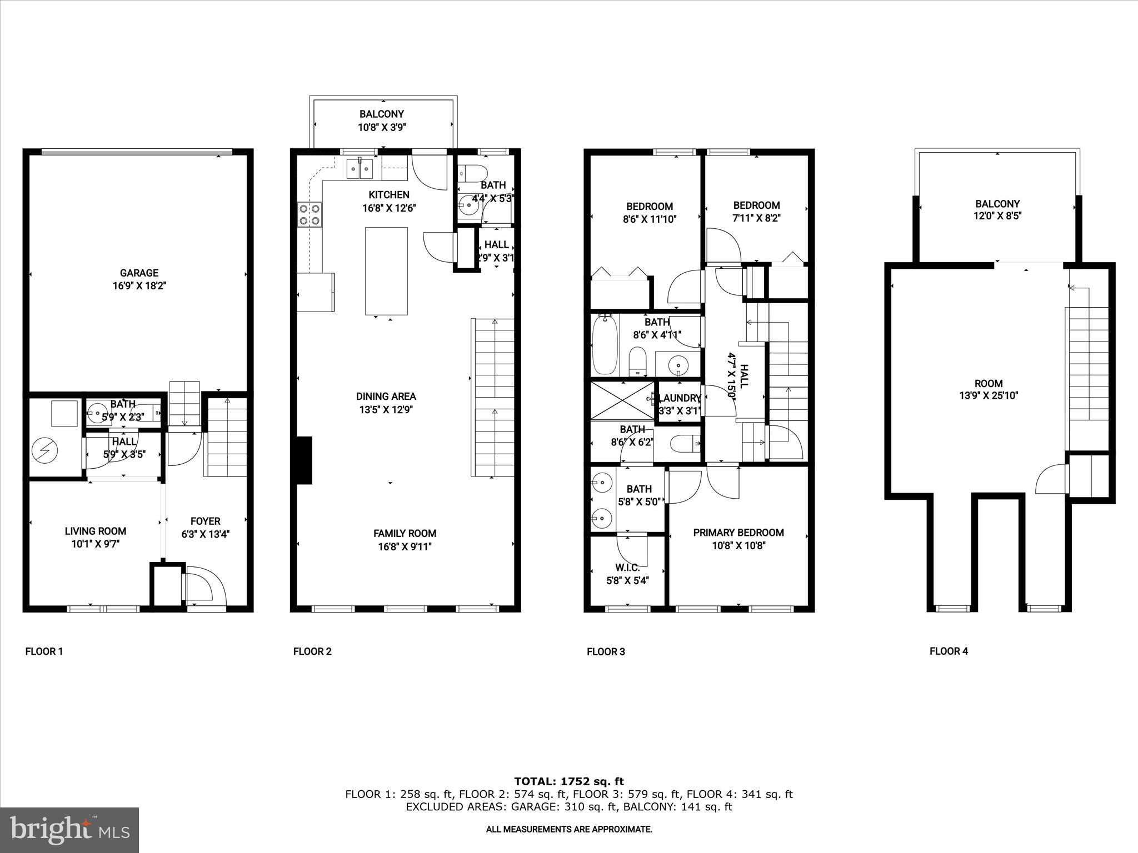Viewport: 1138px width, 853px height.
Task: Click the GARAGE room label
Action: [x=139, y=273]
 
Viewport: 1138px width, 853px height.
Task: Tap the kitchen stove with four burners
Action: [x=310, y=215]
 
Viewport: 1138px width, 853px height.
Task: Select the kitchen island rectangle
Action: [x=386, y=270]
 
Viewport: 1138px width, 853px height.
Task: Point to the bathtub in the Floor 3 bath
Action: [x=605, y=344]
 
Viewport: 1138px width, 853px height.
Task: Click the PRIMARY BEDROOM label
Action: [x=738, y=533]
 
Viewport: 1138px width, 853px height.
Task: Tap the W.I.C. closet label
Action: [x=628, y=568]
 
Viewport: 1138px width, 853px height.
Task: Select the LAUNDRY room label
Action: [x=680, y=398]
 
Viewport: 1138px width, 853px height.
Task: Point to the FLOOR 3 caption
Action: [x=606, y=651]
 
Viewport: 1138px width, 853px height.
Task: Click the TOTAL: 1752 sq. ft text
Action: [x=569, y=781]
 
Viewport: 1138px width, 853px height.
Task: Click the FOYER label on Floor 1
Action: [x=205, y=521]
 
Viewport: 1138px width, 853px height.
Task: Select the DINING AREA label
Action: [x=386, y=397]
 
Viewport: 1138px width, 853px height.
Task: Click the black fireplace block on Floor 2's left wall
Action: [x=304, y=460]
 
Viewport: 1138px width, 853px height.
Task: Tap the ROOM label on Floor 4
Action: [x=989, y=383]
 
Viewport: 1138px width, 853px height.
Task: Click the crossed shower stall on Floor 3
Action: [x=622, y=400]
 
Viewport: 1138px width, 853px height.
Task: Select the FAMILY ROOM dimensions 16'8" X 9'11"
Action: [x=405, y=546]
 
